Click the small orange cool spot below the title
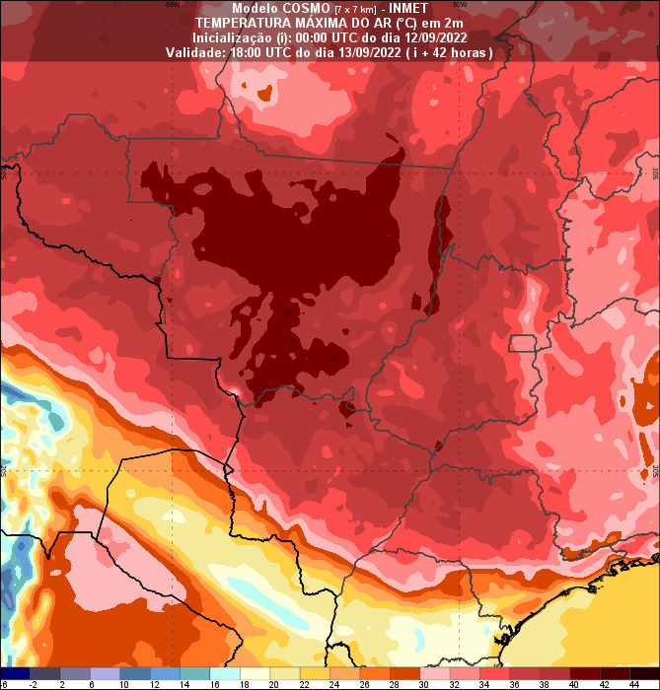[263, 95]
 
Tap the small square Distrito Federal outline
[521, 343]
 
